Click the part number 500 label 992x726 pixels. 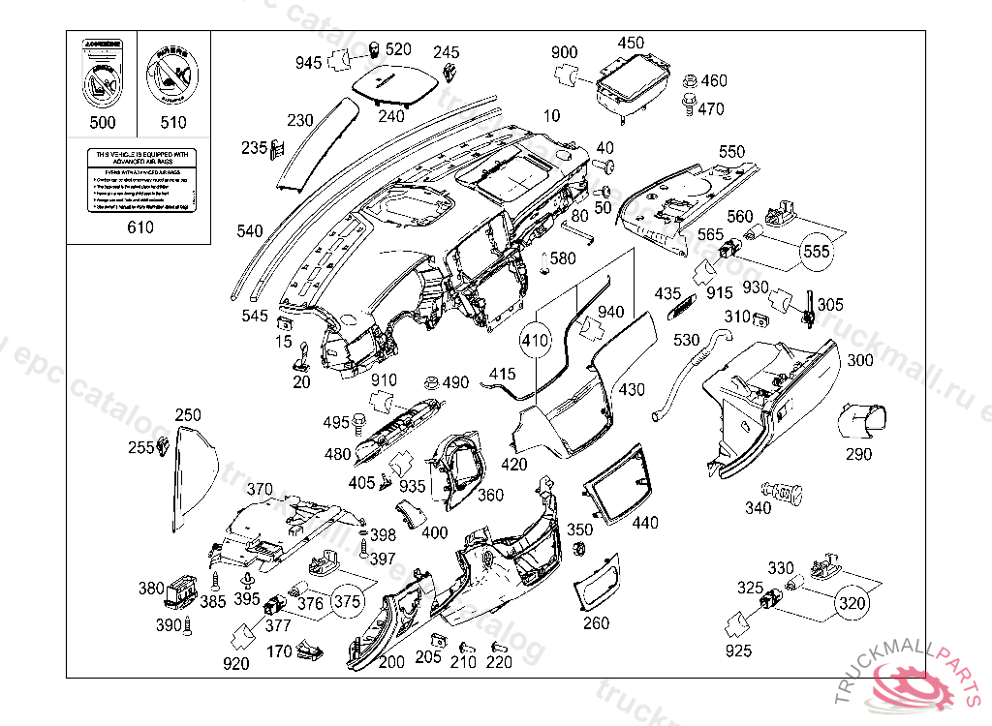102,122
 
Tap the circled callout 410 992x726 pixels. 535,341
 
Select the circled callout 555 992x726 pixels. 816,252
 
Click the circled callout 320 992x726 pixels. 851,601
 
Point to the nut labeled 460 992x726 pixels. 689,81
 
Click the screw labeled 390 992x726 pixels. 188,626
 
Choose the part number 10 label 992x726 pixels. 551,116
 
